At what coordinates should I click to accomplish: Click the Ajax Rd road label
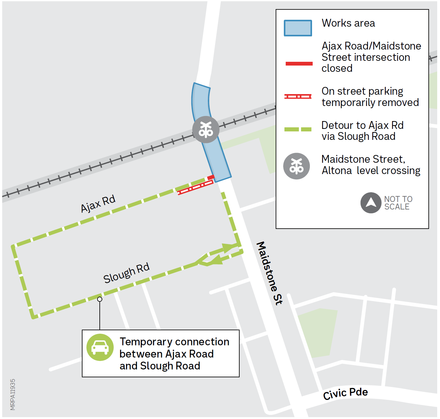click(x=98, y=204)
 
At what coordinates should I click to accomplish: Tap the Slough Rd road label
click(x=126, y=273)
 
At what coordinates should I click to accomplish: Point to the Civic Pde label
click(x=345, y=394)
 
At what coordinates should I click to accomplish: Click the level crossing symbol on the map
click(x=206, y=130)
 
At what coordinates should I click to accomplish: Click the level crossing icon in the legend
click(x=296, y=166)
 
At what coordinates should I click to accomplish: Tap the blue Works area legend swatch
click(x=298, y=28)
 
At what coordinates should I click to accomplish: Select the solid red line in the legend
click(x=299, y=64)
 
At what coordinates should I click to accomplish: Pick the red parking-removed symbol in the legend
click(x=298, y=96)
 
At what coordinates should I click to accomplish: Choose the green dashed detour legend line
click(x=298, y=129)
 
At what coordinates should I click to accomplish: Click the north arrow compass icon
click(x=371, y=203)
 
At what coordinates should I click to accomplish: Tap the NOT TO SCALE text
click(x=398, y=203)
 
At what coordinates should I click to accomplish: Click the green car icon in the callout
click(x=100, y=347)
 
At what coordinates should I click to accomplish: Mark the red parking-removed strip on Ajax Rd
click(x=195, y=187)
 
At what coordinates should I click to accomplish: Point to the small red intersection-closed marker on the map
click(x=211, y=178)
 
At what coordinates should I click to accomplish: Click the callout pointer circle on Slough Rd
click(x=100, y=299)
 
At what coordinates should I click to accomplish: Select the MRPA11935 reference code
click(x=13, y=394)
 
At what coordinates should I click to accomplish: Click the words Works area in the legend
click(x=348, y=23)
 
